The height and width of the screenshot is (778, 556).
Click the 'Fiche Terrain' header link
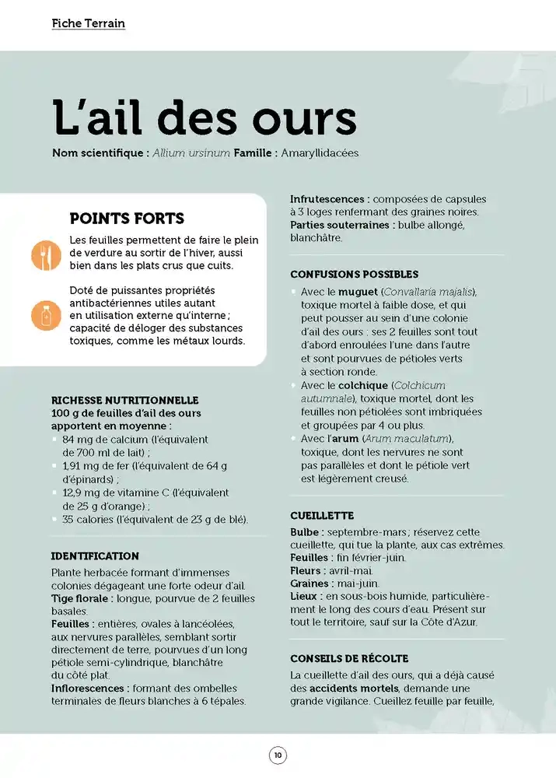pyautogui.click(x=88, y=23)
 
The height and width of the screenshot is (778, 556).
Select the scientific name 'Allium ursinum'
pyautogui.click(x=191, y=153)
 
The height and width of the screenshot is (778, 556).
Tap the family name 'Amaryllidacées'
pyautogui.click(x=320, y=153)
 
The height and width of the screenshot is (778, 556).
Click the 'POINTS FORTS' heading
pyautogui.click(x=127, y=219)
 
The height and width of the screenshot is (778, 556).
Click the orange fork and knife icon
pyautogui.click(x=46, y=254)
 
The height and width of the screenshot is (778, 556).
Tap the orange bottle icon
pyautogui.click(x=46, y=315)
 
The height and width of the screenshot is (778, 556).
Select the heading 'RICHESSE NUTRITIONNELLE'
pyautogui.click(x=124, y=400)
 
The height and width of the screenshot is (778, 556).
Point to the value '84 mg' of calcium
pyautogui.click(x=79, y=440)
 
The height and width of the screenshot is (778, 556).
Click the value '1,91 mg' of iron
pyautogui.click(x=82, y=466)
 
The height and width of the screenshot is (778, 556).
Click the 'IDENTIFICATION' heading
pyautogui.click(x=95, y=556)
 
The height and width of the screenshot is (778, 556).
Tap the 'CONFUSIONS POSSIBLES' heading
pyautogui.click(x=354, y=275)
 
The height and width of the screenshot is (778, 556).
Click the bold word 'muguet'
pyautogui.click(x=358, y=292)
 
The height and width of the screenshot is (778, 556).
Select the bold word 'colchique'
pyautogui.click(x=363, y=385)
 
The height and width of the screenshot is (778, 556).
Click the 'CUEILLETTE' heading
pyautogui.click(x=322, y=516)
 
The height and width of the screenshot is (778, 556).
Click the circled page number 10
pyautogui.click(x=278, y=755)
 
